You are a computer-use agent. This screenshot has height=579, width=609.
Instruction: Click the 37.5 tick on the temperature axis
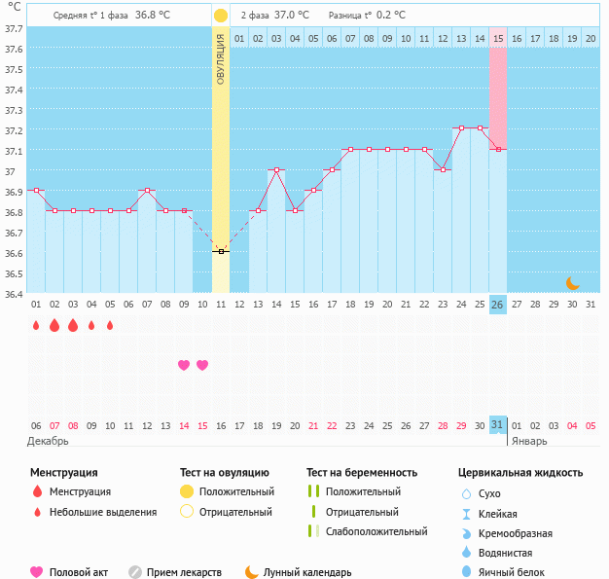pos(14,70)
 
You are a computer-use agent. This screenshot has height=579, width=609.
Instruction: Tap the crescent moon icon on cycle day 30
pos(573,282)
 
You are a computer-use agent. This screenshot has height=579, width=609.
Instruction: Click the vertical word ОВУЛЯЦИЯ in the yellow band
pos(221,58)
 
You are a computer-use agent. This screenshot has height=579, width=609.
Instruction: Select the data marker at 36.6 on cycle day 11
pos(221,251)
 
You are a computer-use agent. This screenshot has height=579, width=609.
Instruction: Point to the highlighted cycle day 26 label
pos(498,305)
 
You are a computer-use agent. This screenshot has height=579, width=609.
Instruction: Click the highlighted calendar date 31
pos(498,425)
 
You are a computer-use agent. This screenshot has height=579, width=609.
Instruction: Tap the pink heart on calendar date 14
pos(184,365)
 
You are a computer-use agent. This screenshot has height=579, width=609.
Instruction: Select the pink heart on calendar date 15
pos(202,365)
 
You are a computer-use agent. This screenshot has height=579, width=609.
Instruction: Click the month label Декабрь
pos(49,441)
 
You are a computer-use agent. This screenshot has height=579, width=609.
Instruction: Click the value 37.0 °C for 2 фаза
pos(292,16)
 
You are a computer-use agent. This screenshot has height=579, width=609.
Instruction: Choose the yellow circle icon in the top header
pos(221,16)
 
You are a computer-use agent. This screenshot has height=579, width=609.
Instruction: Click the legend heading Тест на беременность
pos(361,473)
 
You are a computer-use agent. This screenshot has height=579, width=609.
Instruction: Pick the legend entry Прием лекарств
pos(184,572)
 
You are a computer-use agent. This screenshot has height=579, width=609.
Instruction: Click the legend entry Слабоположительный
pos(376,531)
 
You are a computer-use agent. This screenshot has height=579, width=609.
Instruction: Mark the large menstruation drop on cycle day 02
pos(54,326)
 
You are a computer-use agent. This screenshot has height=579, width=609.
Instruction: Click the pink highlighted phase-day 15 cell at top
pos(498,38)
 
